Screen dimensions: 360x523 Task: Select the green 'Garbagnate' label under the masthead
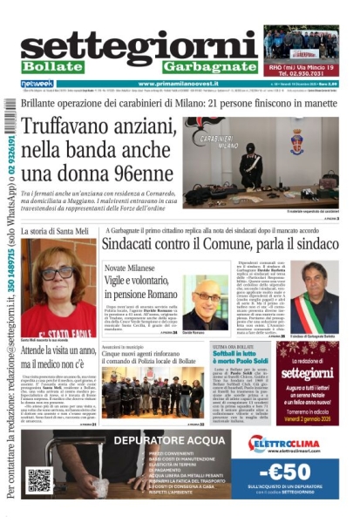[x=208, y=67]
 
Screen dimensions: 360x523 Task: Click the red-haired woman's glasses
[x=58, y=273]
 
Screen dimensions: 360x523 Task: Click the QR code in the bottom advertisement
[x=39, y=479]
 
